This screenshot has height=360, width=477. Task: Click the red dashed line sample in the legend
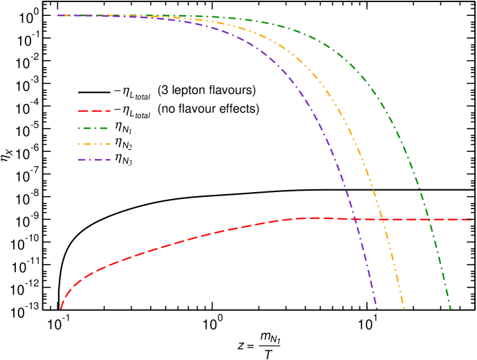[x=94, y=111]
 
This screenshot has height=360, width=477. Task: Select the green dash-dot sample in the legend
[x=94, y=128]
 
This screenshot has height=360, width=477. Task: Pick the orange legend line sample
[x=94, y=144]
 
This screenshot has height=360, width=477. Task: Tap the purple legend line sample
[x=94, y=160]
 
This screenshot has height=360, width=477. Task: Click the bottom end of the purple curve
[x=377, y=308]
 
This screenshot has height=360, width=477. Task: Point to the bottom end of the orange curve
[x=404, y=308]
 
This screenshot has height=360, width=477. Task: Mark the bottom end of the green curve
[x=451, y=308]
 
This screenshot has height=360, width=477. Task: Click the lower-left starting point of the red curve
[x=61, y=308]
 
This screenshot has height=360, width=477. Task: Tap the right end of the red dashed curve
[x=471, y=220]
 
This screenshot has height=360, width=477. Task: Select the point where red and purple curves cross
[x=355, y=219]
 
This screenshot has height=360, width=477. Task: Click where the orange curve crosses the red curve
[x=382, y=220]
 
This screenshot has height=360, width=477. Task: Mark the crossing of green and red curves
[x=429, y=220]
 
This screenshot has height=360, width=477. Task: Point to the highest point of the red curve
[x=315, y=218]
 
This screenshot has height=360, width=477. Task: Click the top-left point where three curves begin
[x=58, y=15]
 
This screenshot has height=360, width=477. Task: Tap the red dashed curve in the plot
[x=173, y=243]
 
